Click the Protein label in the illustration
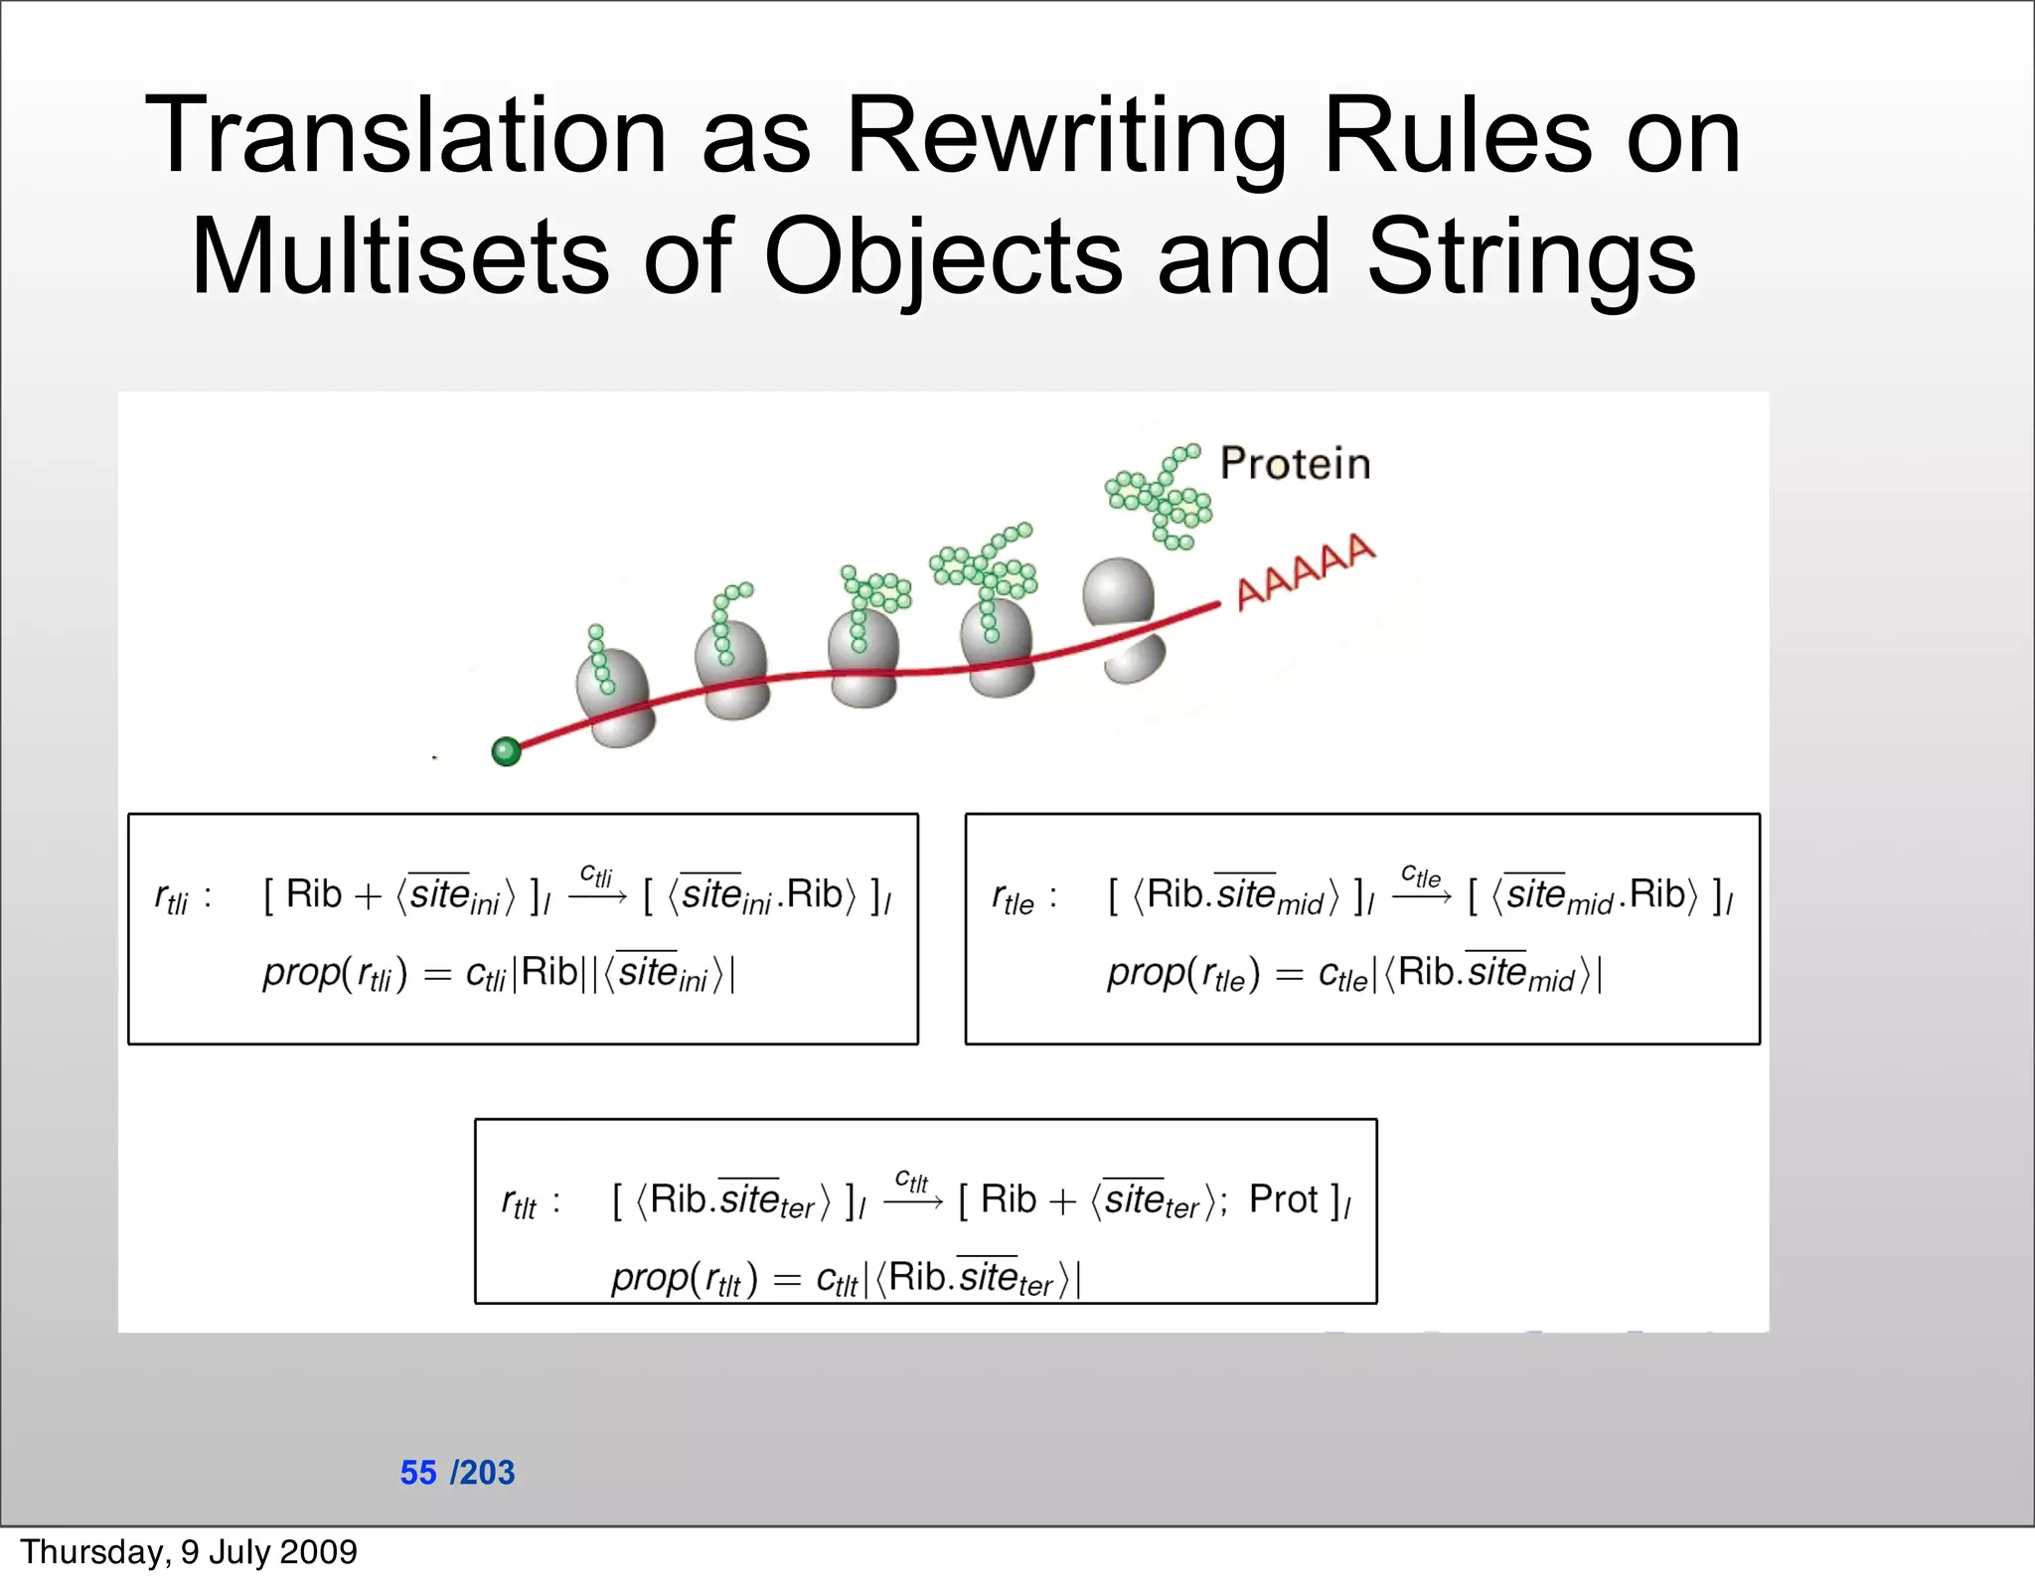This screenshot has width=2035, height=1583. click(x=1295, y=464)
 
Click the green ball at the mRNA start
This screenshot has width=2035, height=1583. click(x=507, y=750)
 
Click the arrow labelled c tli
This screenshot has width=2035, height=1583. click(x=597, y=896)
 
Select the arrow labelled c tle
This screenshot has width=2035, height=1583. click(x=1421, y=896)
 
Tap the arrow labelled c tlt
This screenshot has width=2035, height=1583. click(x=912, y=1201)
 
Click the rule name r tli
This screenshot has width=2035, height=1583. click(x=171, y=898)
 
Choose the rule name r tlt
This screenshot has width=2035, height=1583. click(x=519, y=1203)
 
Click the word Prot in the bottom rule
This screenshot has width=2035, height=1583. click(x=1284, y=1199)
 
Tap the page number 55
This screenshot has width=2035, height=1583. click(x=418, y=1472)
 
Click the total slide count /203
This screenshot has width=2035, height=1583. click(x=483, y=1472)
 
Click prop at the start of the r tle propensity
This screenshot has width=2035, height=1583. click(x=1145, y=974)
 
